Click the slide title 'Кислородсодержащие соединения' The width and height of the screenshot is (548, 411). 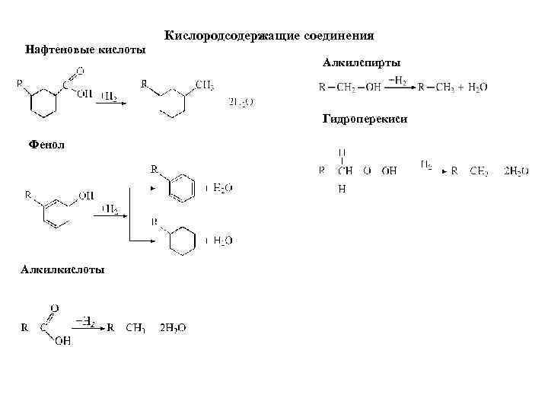[x=269, y=36]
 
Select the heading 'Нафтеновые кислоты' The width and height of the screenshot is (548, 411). [x=85, y=49]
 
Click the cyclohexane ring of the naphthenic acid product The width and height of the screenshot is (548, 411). [x=171, y=104]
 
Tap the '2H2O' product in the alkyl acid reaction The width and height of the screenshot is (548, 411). [x=172, y=328]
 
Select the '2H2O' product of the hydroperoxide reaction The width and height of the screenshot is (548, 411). [x=516, y=171]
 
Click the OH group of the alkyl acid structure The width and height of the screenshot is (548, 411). [x=62, y=342]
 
